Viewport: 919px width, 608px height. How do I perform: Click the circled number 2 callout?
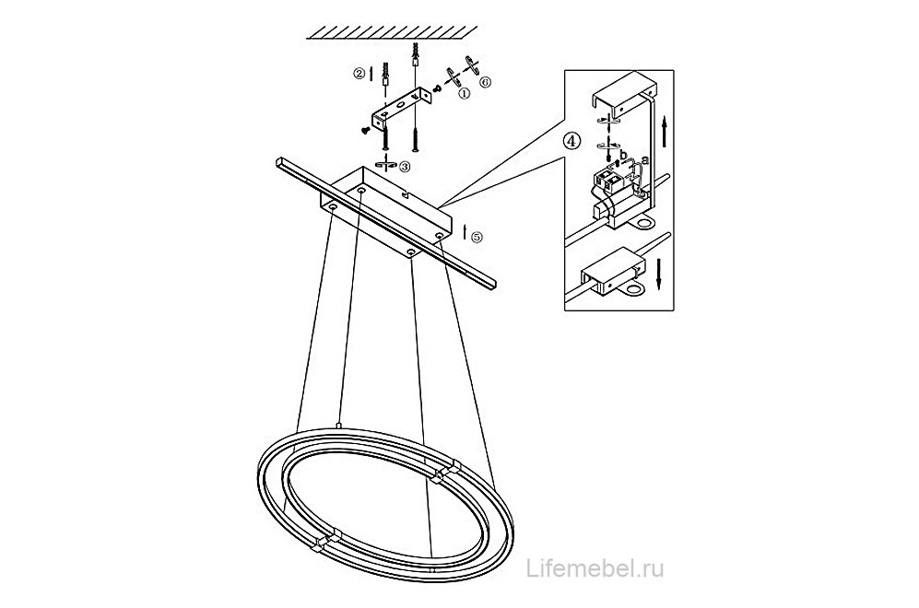(x=358, y=73)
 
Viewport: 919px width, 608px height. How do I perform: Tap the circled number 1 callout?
(x=465, y=92)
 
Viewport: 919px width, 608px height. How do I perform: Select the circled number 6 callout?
(x=485, y=83)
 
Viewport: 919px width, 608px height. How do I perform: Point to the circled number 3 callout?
(x=405, y=167)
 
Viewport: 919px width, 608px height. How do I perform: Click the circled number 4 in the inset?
(x=572, y=141)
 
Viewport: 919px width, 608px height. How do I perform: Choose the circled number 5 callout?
(x=477, y=237)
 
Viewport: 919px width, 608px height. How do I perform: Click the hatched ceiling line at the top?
(x=392, y=33)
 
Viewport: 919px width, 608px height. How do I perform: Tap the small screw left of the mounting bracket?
(x=364, y=131)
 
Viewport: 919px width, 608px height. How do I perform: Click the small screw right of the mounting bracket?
(x=437, y=88)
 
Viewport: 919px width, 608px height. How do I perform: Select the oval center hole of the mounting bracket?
(x=400, y=105)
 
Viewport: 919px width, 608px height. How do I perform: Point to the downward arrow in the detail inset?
(x=659, y=273)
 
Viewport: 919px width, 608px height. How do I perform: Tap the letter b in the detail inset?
(x=624, y=155)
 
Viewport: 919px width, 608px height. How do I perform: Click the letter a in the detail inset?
(x=644, y=159)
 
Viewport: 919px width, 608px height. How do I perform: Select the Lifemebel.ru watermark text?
(x=595, y=568)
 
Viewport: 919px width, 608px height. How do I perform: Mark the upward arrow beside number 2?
(x=371, y=73)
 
